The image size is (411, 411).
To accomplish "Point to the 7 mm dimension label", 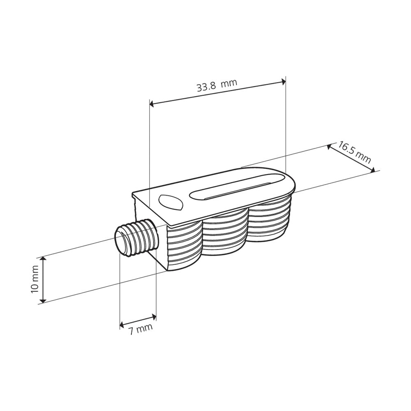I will tap(140, 329).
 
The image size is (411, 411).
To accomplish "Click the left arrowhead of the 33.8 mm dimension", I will tap(152, 104).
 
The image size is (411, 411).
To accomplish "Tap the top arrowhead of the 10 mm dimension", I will tap(43, 259).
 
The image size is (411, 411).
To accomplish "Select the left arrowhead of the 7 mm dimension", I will tap(122, 326).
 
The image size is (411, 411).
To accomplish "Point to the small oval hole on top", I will tap(169, 202).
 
